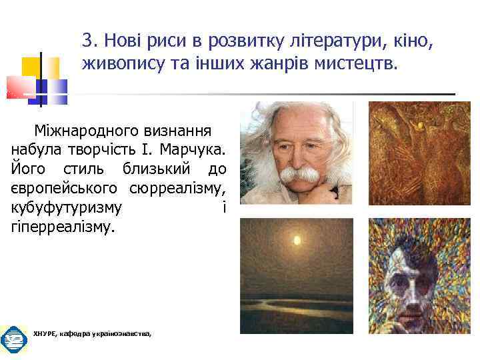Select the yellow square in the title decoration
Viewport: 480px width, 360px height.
(32, 67)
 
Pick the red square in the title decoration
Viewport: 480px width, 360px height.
(19, 87)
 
